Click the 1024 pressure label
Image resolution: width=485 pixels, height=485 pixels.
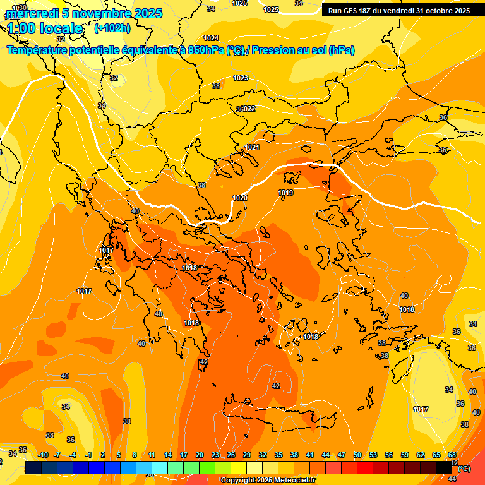tap(211, 38)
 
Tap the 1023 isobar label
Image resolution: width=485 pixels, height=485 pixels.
tap(241, 78)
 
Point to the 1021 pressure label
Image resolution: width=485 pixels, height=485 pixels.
tap(252, 147)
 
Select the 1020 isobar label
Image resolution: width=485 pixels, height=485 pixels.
tap(240, 198)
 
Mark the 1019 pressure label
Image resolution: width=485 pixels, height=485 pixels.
tap(285, 193)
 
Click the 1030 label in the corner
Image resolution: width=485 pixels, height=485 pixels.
tap(20, 8)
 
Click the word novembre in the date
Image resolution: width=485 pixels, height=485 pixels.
tap(97, 13)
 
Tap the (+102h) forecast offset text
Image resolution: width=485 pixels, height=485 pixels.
tap(112, 28)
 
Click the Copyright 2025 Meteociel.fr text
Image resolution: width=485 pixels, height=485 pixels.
tap(268, 481)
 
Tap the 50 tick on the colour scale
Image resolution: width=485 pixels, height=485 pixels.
tap(357, 455)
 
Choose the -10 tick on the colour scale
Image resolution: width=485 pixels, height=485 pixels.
tap(43, 455)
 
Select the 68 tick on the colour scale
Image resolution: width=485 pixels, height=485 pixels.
tap(452, 455)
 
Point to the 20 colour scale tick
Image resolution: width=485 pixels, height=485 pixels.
tap(200, 455)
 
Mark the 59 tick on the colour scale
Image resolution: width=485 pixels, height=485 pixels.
tap(405, 455)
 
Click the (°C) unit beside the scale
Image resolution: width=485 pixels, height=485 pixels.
tap(464, 469)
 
